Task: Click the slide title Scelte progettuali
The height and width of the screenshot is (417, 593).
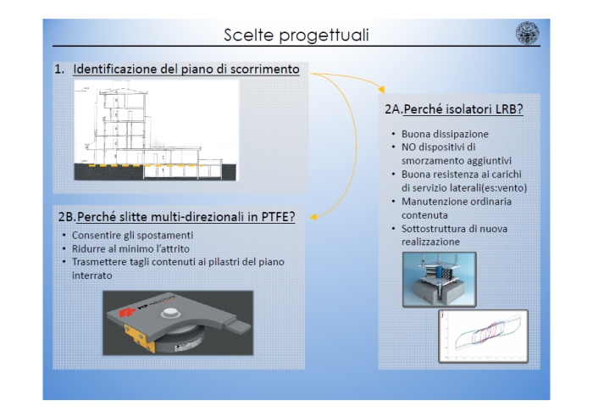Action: tap(296, 35)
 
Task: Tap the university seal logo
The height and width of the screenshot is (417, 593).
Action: tap(528, 34)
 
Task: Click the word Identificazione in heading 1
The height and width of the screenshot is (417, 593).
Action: tap(115, 69)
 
